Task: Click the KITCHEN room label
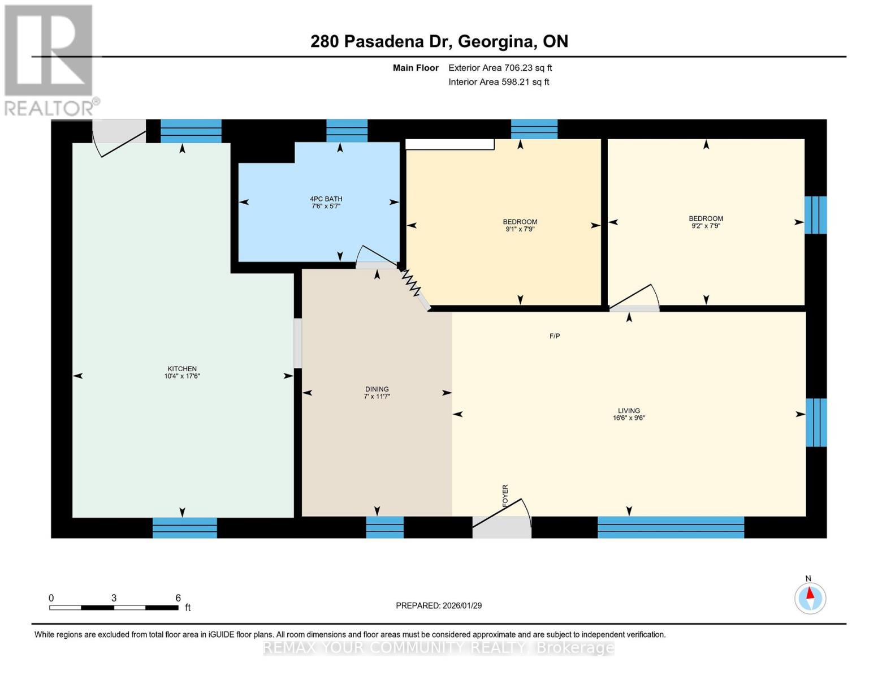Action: (x=182, y=368)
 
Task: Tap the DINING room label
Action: (x=377, y=389)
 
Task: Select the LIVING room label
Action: (x=629, y=410)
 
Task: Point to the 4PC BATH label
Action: (x=326, y=199)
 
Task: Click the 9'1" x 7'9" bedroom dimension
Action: (x=520, y=229)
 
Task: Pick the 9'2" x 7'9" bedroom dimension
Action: (x=706, y=226)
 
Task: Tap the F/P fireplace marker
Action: (x=555, y=336)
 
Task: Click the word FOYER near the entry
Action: (x=505, y=496)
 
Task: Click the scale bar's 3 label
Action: (x=114, y=598)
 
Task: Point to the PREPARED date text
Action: (x=438, y=605)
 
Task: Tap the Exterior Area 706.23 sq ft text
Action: (x=500, y=68)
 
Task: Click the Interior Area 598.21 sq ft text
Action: (x=499, y=82)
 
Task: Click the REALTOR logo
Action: (x=49, y=61)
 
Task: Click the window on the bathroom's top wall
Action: (x=347, y=131)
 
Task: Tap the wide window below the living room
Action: (x=671, y=527)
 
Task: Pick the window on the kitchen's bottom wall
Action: (x=185, y=528)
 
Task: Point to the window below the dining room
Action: (x=384, y=527)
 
